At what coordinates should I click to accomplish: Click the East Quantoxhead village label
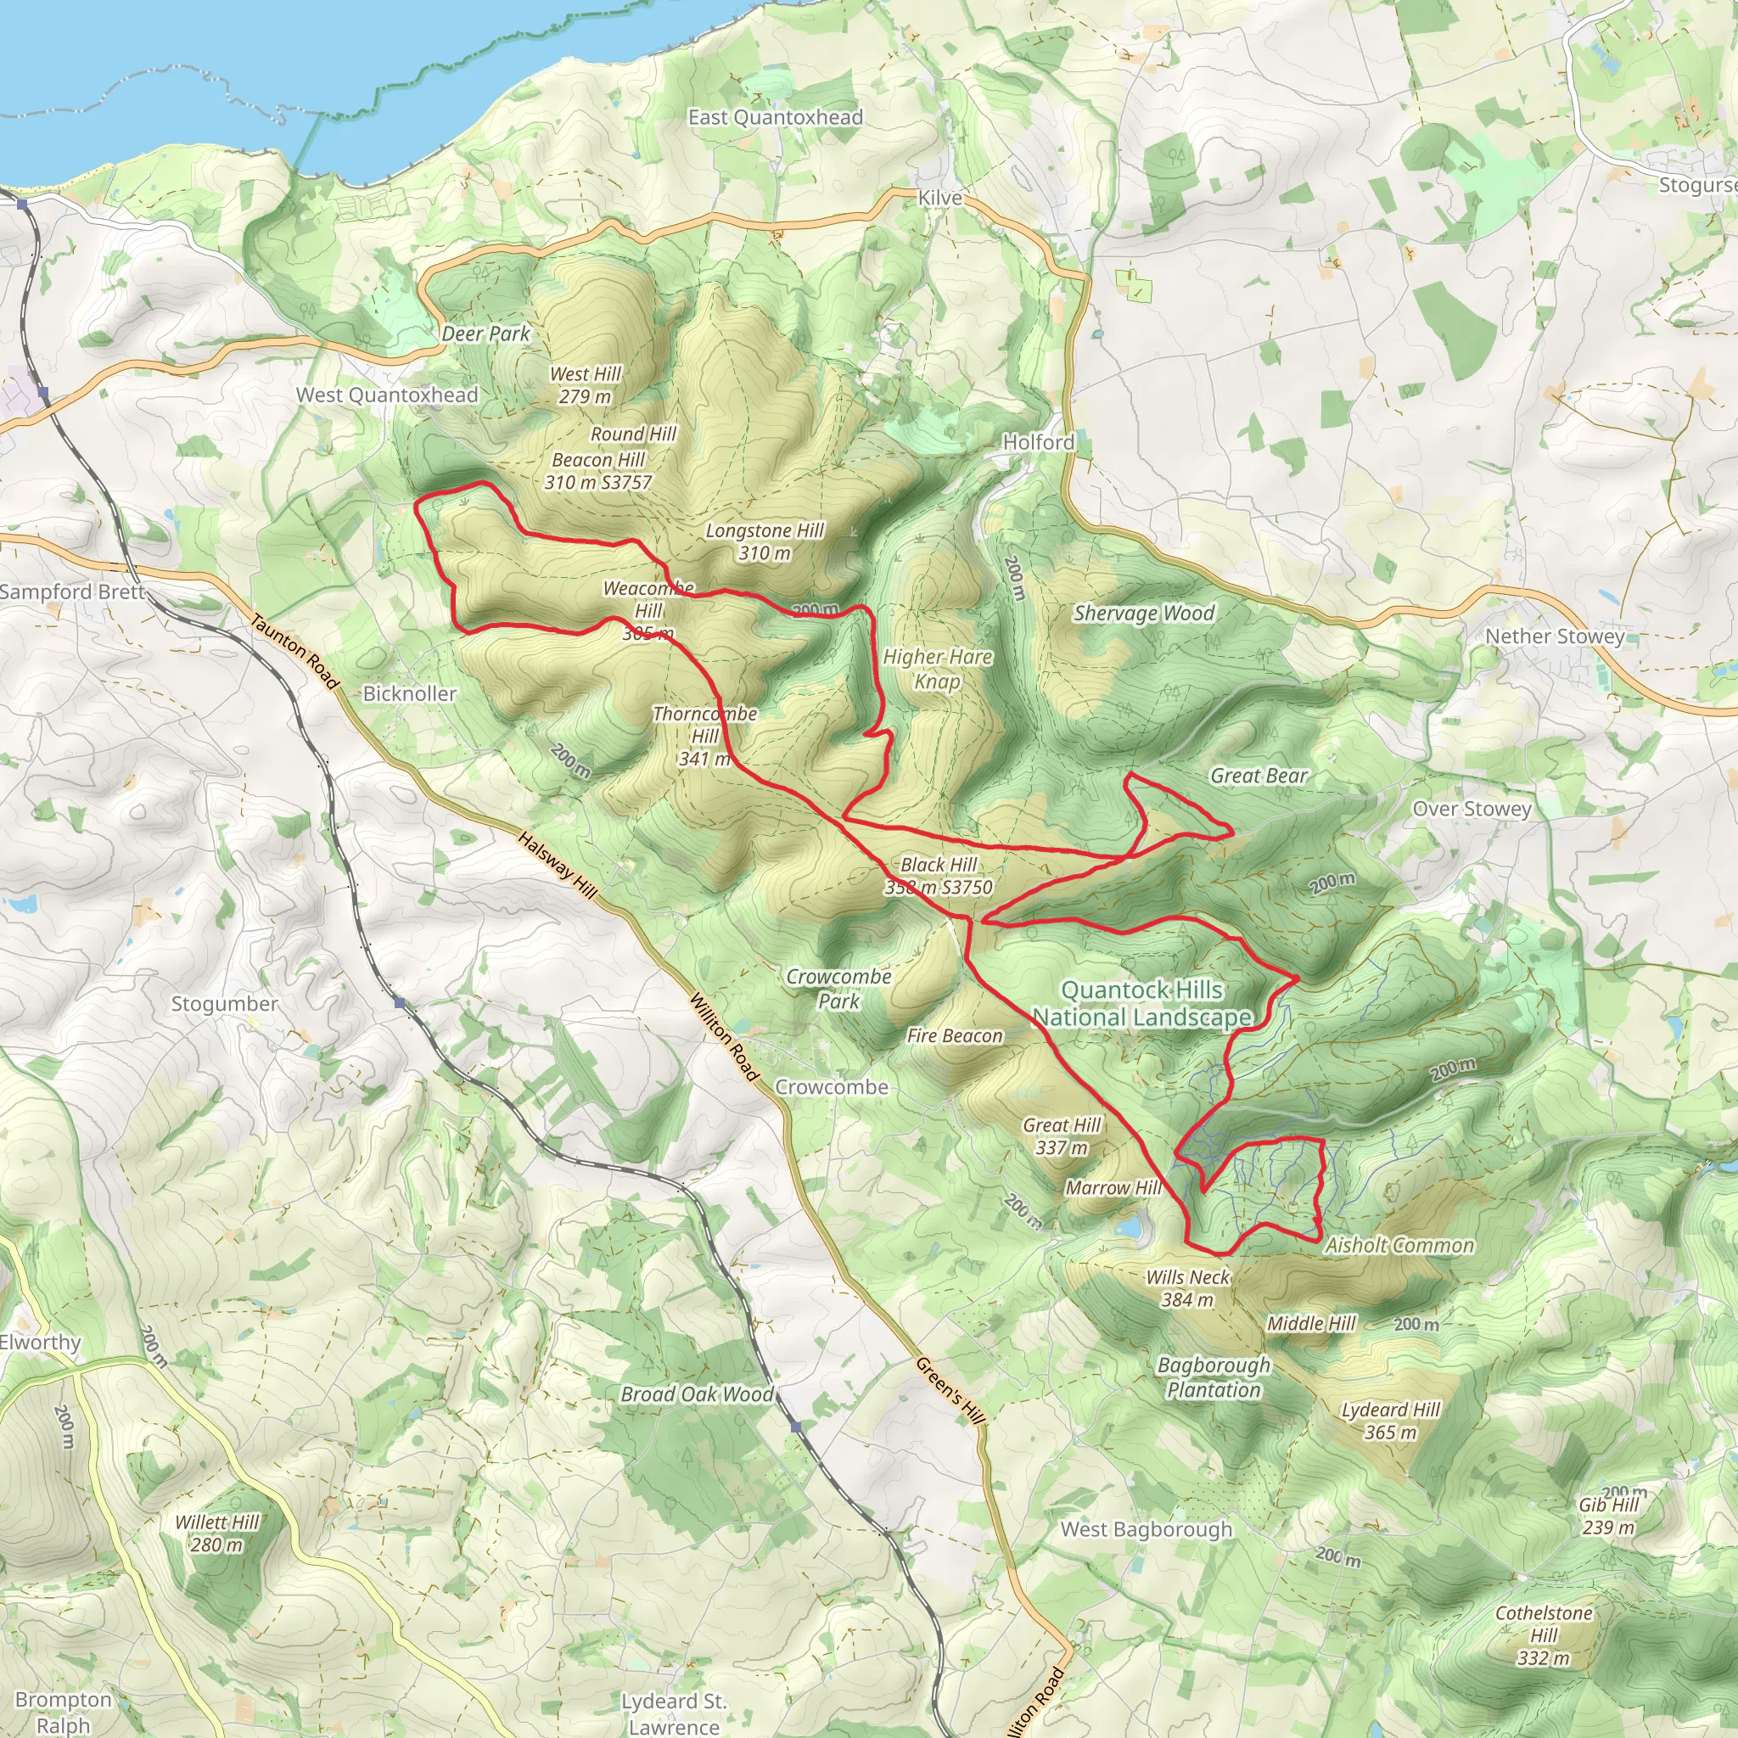click(775, 117)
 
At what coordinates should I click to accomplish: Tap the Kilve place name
click(939, 198)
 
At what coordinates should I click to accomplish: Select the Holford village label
click(1038, 441)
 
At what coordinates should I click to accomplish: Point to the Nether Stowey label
click(1555, 636)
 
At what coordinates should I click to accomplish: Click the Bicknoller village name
click(409, 693)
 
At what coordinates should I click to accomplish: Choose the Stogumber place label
click(225, 1003)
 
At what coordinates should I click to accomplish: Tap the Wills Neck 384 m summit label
click(1187, 1288)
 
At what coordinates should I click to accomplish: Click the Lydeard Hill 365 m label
click(1390, 1421)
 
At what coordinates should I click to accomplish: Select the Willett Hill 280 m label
click(216, 1533)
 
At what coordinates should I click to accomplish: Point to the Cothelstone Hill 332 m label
click(1544, 1635)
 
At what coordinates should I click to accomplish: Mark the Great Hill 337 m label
click(1062, 1136)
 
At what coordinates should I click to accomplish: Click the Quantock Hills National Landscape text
click(1141, 1003)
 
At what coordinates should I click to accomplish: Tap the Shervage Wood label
click(1143, 614)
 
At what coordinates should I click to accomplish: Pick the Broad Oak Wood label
click(698, 1394)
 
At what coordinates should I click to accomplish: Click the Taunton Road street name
click(294, 651)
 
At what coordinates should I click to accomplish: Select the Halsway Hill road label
click(557, 865)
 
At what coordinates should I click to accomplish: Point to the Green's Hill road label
click(950, 1390)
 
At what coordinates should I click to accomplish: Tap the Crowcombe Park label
click(838, 989)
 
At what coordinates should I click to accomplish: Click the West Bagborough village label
click(1146, 1529)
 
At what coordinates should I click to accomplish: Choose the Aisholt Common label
click(1399, 1245)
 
